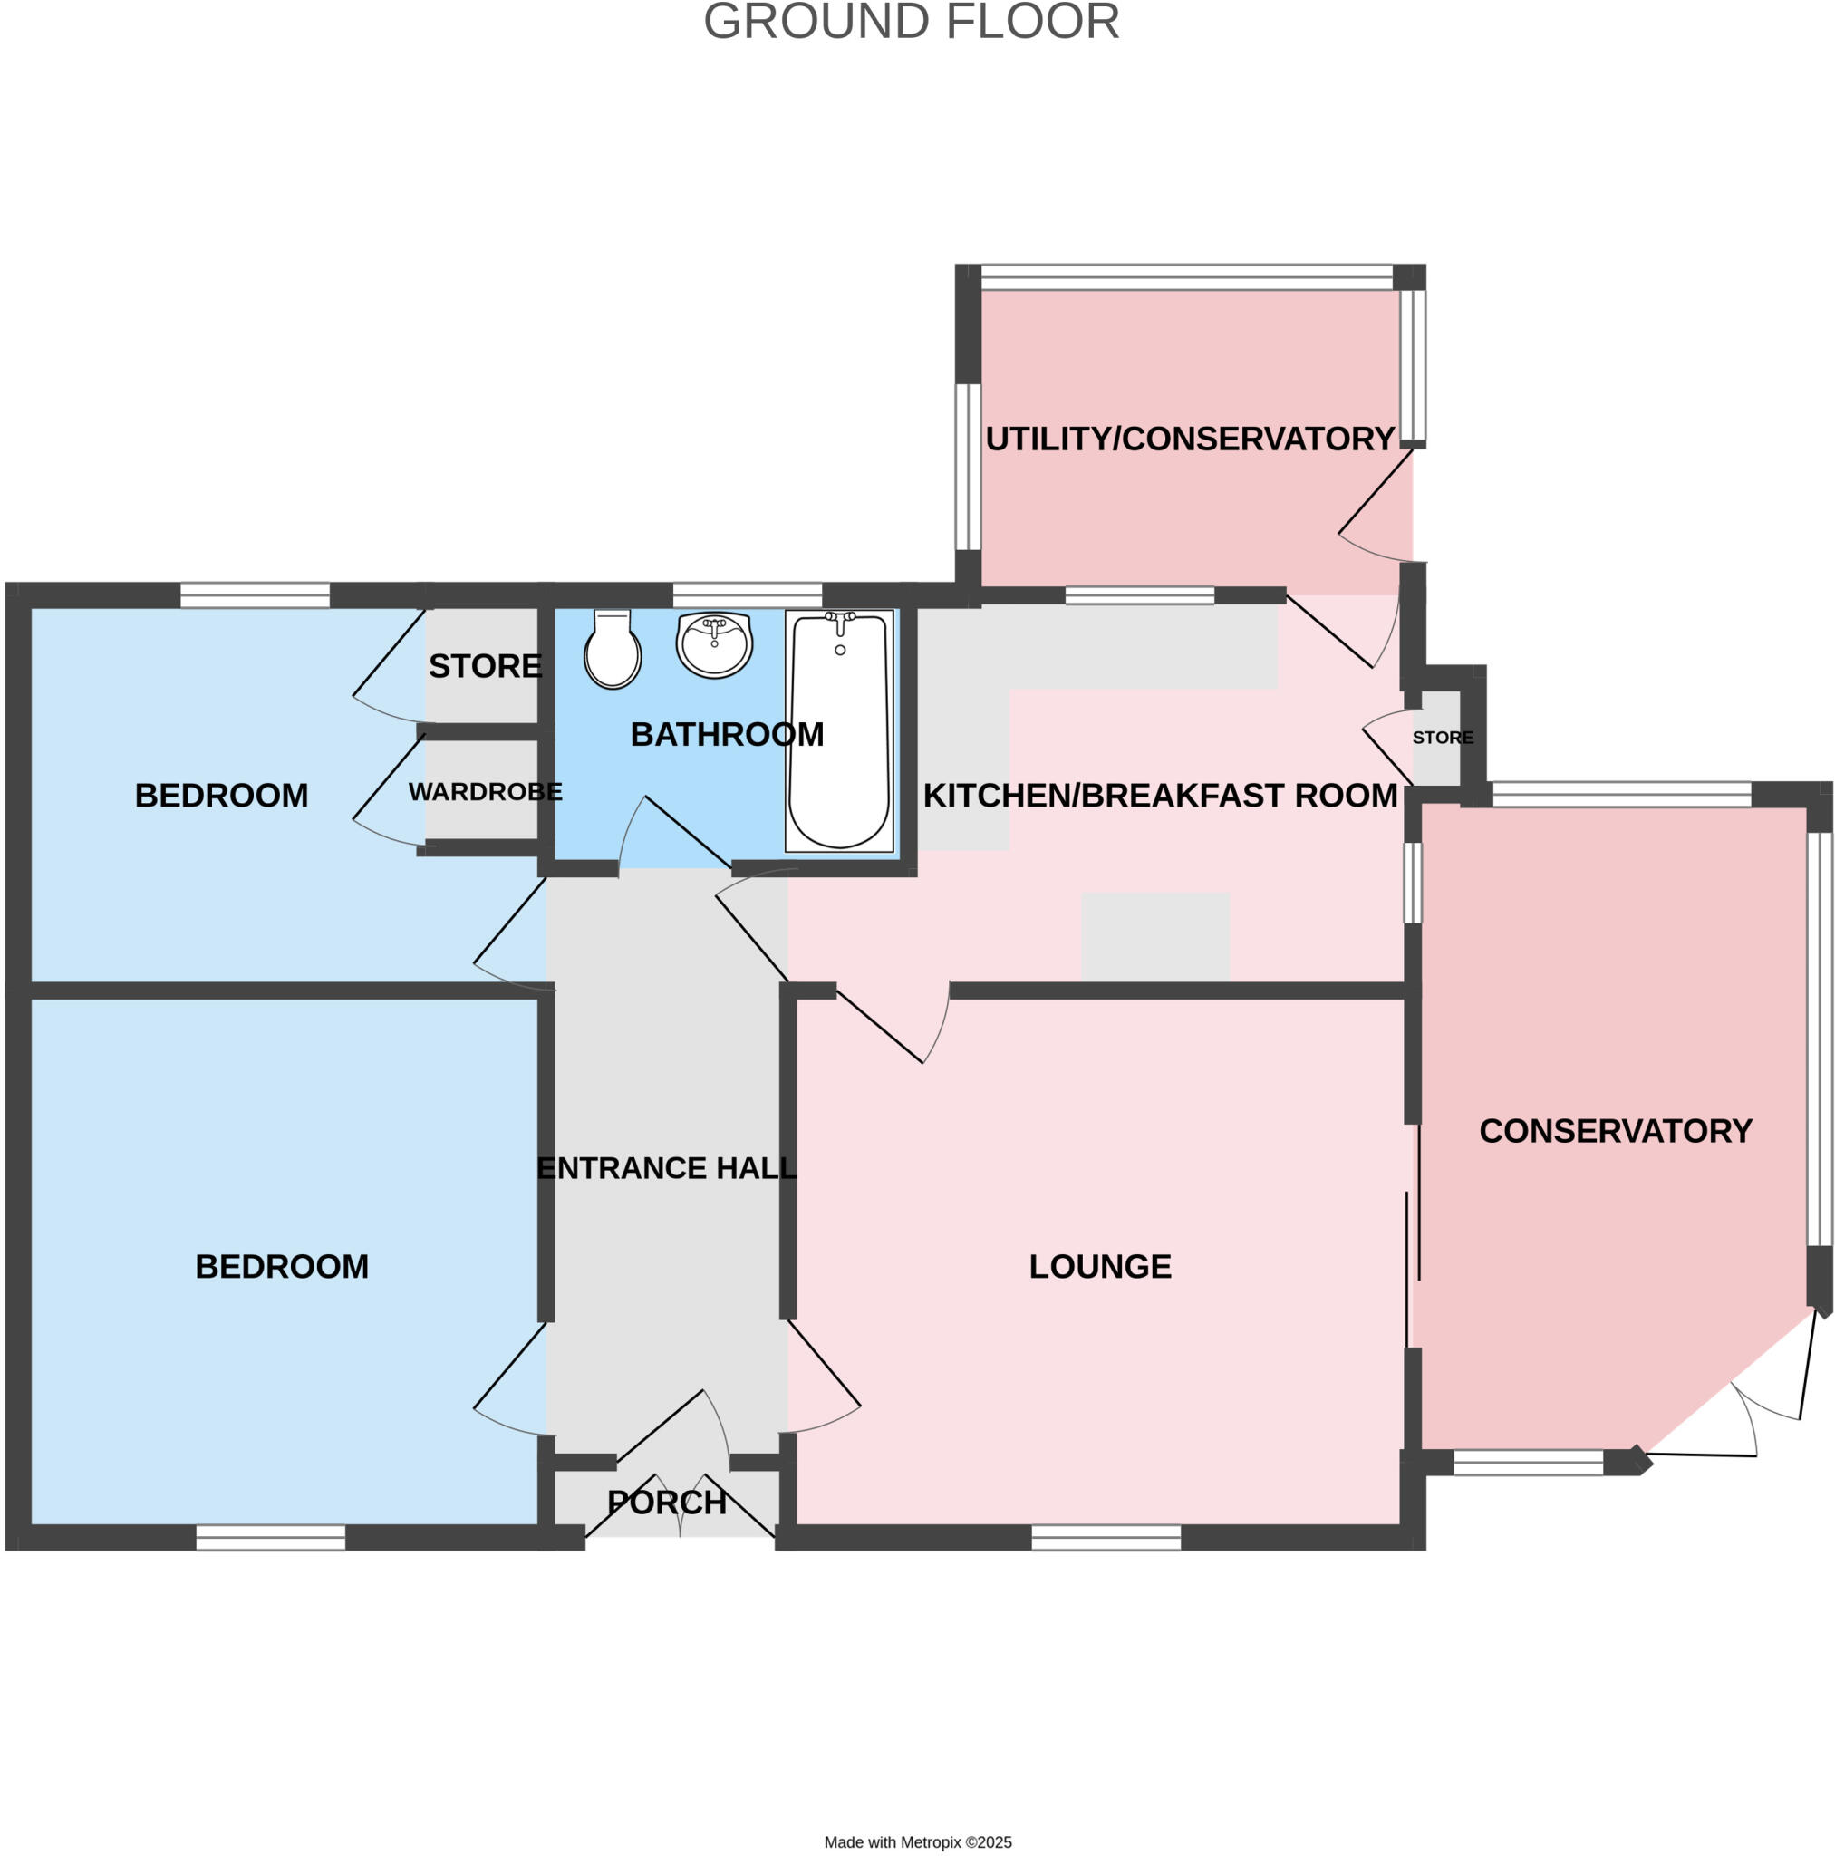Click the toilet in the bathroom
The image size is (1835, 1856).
612,652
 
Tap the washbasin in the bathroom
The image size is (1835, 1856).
714,644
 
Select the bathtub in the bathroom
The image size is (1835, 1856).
839,732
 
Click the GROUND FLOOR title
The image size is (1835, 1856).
911,22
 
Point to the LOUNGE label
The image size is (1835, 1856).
1100,1266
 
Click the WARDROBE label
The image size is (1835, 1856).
485,793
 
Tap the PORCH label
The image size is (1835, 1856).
667,1503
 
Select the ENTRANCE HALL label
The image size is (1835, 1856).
667,1168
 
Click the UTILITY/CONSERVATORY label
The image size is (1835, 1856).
1190,439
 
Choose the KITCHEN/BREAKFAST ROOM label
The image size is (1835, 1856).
1160,796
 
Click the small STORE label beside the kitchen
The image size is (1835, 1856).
1442,738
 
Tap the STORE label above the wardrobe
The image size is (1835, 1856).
485,666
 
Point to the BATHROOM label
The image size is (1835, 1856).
728,735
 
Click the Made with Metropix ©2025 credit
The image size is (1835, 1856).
917,1841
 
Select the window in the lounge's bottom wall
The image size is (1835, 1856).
1106,1537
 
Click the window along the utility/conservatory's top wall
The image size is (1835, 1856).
1186,277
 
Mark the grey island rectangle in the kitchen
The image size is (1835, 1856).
1154,937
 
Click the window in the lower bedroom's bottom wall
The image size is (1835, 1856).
271,1537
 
